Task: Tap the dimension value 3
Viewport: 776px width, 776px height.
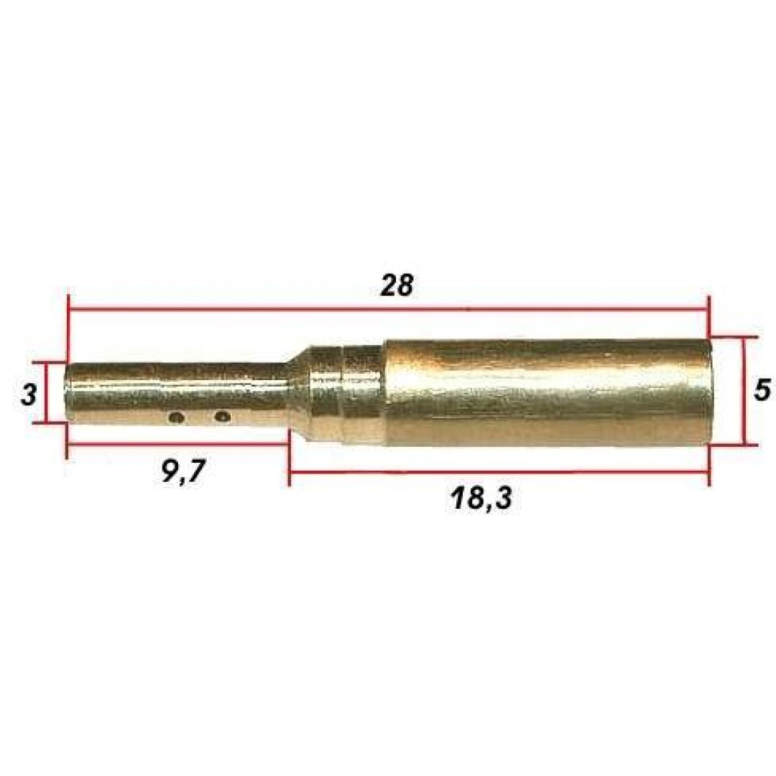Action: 28,394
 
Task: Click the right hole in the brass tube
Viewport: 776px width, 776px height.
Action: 223,415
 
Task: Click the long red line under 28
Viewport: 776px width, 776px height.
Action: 388,310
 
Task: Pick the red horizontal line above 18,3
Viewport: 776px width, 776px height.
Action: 499,472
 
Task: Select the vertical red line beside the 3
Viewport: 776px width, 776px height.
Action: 47,394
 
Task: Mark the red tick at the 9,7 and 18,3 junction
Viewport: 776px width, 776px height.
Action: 289,460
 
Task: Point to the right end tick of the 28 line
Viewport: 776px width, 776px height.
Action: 708,310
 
